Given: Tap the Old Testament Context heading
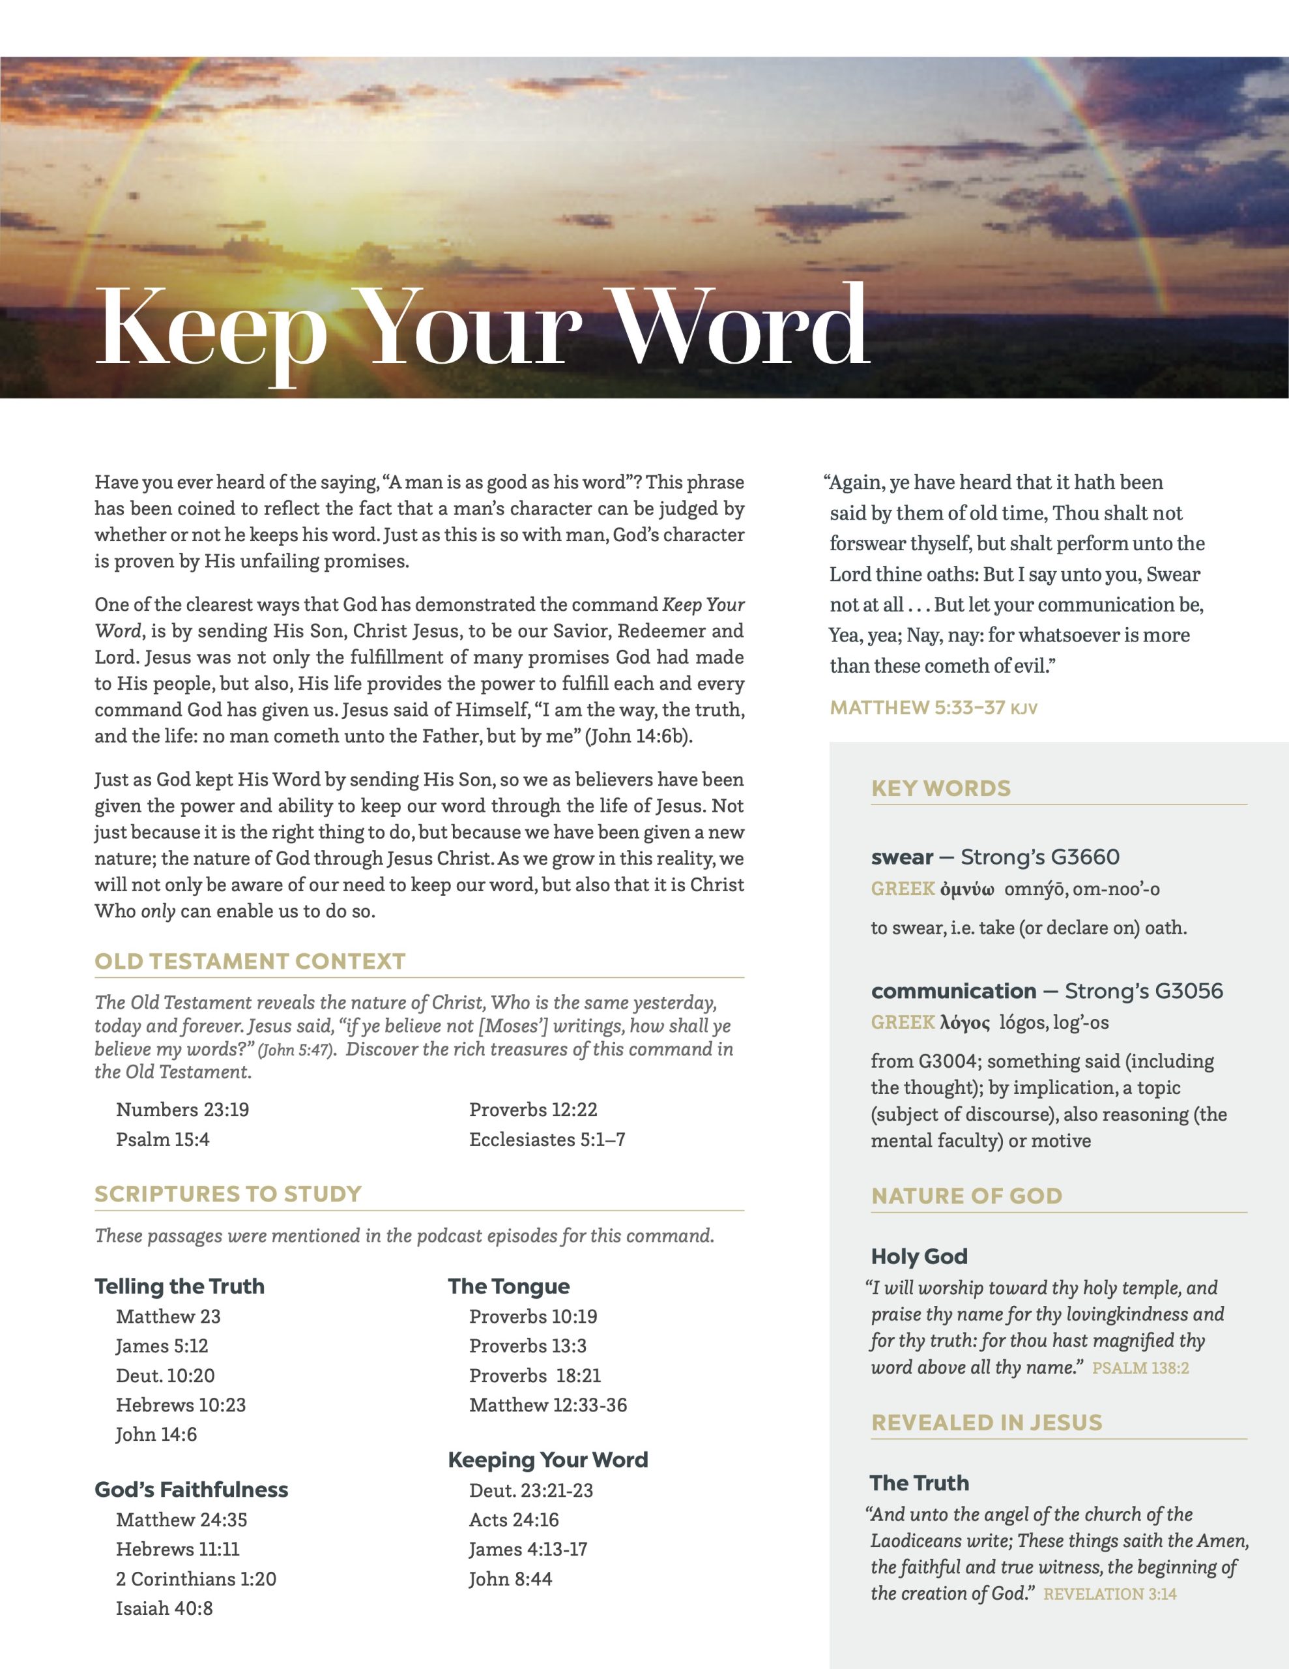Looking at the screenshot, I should point(250,962).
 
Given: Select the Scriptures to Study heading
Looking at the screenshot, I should point(227,1194).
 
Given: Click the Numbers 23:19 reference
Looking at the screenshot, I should point(182,1110).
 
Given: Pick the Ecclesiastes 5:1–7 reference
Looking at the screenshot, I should point(547,1140).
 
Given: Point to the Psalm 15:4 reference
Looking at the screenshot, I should point(163,1140).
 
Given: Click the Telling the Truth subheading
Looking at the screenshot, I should point(180,1286).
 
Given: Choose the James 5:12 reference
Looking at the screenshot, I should point(162,1346).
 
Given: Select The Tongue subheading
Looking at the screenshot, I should point(509,1286).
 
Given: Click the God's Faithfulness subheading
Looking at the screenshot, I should point(192,1490).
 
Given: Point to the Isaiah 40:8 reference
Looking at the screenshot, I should point(164,1608).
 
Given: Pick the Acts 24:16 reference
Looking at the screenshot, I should point(514,1519).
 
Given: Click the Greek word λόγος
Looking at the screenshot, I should point(965,1022).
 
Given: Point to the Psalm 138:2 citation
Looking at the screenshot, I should point(1140,1368).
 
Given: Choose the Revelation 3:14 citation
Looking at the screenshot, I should point(1109,1593).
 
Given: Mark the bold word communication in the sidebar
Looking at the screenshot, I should point(953,991).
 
